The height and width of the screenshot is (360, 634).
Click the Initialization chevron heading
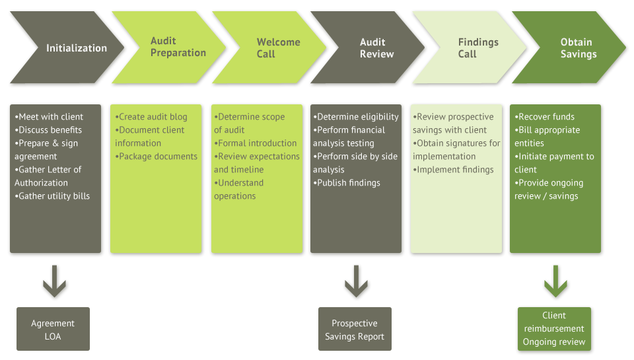(x=76, y=48)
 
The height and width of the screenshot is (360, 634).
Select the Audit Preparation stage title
(x=178, y=48)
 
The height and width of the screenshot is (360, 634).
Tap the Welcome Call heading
(x=278, y=48)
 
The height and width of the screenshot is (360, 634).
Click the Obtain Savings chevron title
(x=578, y=48)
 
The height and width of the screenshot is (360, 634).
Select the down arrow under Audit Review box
(x=356, y=281)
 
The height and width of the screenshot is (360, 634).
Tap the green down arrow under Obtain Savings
(x=555, y=281)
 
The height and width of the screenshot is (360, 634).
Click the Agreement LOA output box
(x=53, y=329)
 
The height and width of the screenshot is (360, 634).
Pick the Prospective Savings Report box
(x=355, y=329)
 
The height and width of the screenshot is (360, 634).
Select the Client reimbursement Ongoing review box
(x=554, y=329)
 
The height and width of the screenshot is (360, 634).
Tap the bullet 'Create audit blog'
(x=151, y=117)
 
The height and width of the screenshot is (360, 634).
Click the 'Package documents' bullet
(x=157, y=157)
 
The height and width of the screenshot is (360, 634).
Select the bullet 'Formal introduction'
(x=256, y=143)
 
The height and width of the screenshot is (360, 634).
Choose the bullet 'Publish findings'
(x=347, y=183)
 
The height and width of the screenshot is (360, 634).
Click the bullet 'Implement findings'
(x=454, y=170)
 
